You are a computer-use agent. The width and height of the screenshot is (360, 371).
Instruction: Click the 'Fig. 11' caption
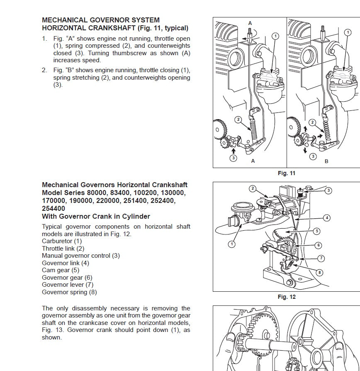coord(286,173)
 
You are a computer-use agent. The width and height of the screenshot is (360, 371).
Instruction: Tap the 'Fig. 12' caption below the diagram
coord(286,297)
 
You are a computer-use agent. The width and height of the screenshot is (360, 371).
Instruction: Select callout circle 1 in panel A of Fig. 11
coord(275,37)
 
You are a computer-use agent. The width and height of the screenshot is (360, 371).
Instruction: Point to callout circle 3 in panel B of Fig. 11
coord(313,156)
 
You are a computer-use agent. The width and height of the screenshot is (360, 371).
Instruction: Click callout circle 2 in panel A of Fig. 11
coord(238,120)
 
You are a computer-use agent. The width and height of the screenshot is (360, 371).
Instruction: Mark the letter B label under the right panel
coord(326,161)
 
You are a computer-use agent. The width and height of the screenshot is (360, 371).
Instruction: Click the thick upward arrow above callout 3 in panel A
coord(234,150)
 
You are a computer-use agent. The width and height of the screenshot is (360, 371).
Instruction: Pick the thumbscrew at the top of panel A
coord(250,33)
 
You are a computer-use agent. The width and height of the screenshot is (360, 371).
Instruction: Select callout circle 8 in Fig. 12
coord(319,273)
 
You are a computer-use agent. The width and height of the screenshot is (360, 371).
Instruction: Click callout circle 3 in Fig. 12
coord(328,190)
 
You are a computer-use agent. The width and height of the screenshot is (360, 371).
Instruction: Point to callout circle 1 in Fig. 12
coord(231,244)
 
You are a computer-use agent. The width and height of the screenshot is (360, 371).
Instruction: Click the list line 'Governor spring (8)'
coord(70,292)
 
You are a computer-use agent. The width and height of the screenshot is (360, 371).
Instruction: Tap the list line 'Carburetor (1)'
coord(62,241)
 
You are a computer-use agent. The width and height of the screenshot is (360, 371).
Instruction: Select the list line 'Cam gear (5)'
coord(61,270)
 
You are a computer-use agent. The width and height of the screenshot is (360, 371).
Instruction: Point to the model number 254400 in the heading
coord(54,209)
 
